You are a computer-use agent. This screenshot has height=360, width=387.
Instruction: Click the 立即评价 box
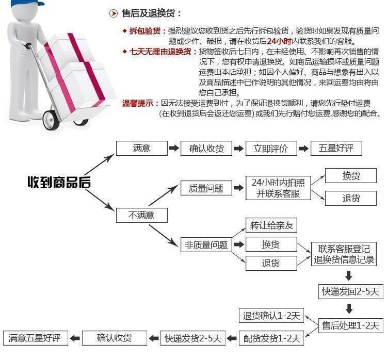271,149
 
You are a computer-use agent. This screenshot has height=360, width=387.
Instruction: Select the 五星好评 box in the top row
336,149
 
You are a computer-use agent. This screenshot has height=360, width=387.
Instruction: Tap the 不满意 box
141,215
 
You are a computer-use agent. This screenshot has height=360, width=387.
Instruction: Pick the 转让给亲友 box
271,225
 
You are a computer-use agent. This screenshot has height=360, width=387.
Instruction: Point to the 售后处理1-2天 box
350,325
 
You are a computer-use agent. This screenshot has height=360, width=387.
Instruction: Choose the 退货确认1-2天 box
272,315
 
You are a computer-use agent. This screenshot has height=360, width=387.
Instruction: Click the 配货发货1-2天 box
272,338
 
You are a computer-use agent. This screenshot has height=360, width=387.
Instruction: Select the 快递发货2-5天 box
193,338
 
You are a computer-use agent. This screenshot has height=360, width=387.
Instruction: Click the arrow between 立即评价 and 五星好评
303,149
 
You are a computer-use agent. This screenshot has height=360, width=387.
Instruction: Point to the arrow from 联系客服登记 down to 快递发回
349,275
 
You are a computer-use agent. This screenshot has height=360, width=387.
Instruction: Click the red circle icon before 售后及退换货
114,13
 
